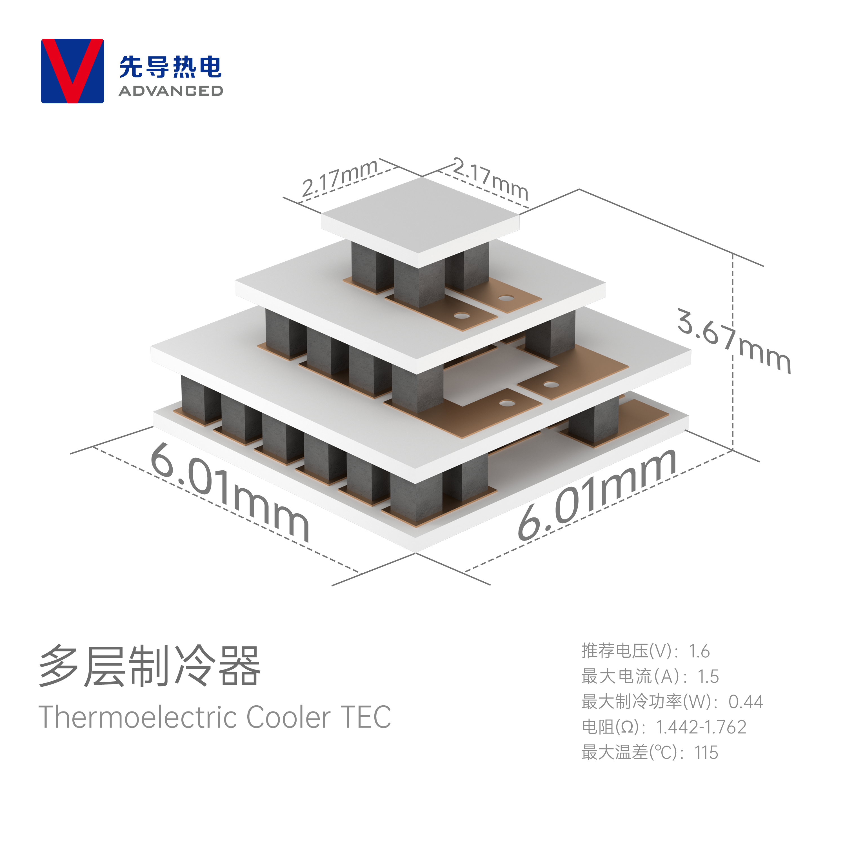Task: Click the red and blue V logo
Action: click(73, 71)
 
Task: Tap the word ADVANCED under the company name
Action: click(171, 91)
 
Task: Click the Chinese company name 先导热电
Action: click(171, 67)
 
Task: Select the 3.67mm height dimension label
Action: click(734, 341)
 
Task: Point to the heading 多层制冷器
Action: click(150, 666)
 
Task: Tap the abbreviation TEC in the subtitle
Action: click(366, 717)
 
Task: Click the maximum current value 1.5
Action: click(708, 677)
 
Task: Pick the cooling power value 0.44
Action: click(746, 702)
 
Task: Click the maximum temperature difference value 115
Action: click(706, 753)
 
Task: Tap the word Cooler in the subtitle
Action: click(289, 717)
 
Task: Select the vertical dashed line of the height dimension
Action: click(733, 352)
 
